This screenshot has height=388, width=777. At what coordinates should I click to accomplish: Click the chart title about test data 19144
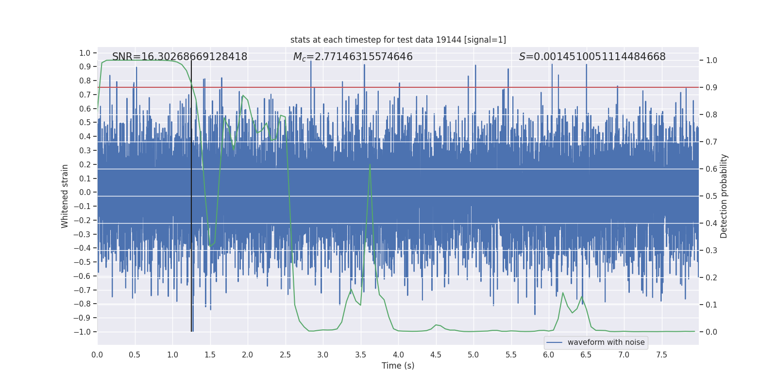tap(398, 40)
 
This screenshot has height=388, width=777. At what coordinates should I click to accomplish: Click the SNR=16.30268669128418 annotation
tap(180, 57)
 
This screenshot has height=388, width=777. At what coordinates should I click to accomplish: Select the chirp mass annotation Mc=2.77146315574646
tap(353, 57)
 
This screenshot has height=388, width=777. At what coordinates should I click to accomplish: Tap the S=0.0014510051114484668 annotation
tap(592, 57)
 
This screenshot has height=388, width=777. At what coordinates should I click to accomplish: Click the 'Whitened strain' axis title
tap(65, 196)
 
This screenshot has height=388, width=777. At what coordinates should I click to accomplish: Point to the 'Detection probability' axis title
tap(724, 196)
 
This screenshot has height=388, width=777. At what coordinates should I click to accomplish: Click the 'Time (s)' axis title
tap(398, 366)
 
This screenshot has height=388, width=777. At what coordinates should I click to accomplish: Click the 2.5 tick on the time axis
tap(285, 355)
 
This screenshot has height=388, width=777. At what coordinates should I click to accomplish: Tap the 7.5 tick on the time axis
tap(661, 355)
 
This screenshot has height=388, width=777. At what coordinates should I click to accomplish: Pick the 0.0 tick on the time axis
tap(97, 355)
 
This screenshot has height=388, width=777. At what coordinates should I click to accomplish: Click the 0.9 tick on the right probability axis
tap(711, 88)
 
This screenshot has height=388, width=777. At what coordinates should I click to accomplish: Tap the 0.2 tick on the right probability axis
tap(711, 277)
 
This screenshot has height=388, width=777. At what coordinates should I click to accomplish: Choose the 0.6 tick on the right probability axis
tap(711, 169)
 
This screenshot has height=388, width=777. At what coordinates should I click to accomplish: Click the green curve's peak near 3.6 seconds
tap(370, 165)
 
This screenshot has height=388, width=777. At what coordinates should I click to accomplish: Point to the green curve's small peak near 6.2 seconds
tap(563, 293)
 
